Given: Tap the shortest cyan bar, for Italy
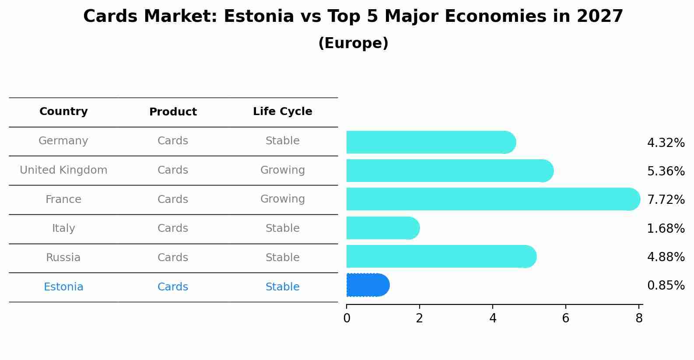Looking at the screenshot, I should click(x=382, y=228).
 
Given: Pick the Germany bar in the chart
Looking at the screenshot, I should click(x=431, y=142).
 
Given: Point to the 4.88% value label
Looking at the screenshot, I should click(x=666, y=257).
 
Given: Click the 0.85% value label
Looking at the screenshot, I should click(x=666, y=285).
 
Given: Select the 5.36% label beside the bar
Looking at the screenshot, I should click(x=666, y=171).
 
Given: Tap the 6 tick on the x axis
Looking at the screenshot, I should click(x=565, y=318).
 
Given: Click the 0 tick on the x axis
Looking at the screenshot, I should click(x=347, y=318).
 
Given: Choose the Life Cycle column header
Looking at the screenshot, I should click(x=282, y=112).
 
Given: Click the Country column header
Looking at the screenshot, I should click(x=63, y=112).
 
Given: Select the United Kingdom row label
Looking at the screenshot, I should click(x=63, y=170).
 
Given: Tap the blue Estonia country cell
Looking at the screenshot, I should click(x=63, y=287).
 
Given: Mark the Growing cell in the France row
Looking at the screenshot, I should click(x=282, y=199).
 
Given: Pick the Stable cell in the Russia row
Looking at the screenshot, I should click(x=282, y=258).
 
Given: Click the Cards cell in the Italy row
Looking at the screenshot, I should click(x=173, y=228).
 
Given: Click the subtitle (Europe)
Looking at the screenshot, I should click(x=353, y=43).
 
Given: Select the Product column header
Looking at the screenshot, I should click(x=173, y=112).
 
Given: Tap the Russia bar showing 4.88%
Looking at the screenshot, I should click(x=441, y=256).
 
